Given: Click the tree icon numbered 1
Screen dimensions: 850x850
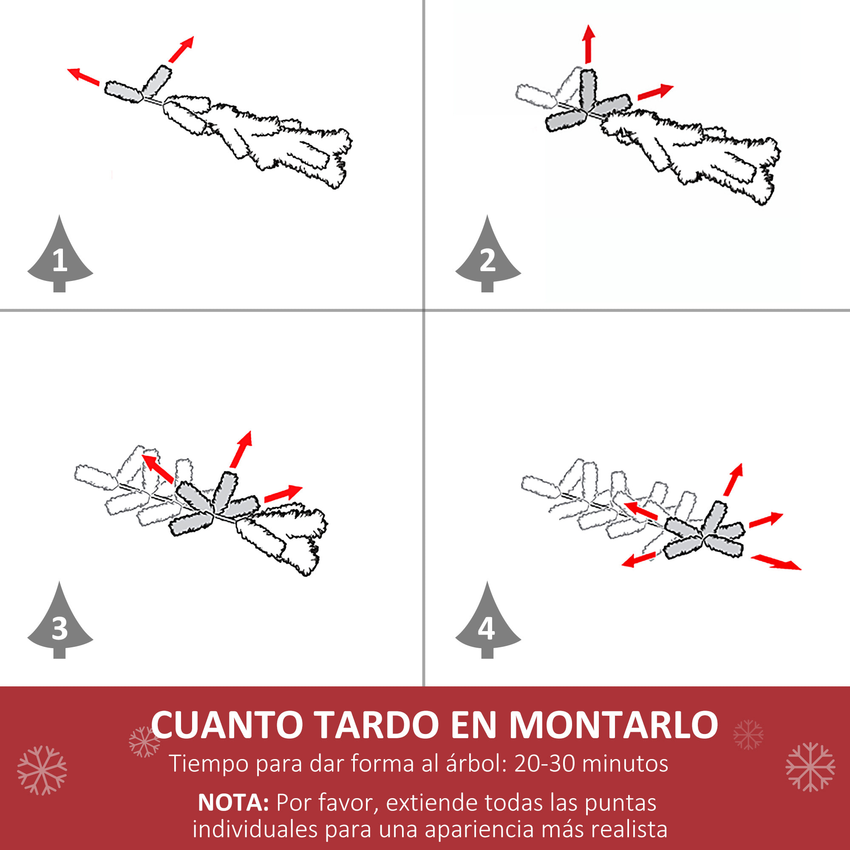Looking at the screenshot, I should pos(60,258).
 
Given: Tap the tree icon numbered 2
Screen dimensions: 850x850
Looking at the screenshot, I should pos(487,258).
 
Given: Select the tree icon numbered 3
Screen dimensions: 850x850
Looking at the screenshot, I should pos(60,624).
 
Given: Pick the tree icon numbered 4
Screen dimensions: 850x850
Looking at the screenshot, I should pos(487,624).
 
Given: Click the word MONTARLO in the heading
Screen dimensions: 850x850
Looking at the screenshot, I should pos(613,725).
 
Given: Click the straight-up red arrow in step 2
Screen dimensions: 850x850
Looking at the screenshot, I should pos(588,44).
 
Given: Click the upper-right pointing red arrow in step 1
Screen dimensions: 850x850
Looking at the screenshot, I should pos(181,49).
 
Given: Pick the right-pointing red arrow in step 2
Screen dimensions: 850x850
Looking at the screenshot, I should pos(655,91).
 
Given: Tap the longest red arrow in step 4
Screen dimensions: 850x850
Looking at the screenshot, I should pos(776,563).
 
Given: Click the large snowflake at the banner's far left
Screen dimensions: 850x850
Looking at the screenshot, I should pos(42,770).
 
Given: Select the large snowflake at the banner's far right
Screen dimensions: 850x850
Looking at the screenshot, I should pos(810,767).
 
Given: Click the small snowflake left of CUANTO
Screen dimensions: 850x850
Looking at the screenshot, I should pos(144,742).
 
